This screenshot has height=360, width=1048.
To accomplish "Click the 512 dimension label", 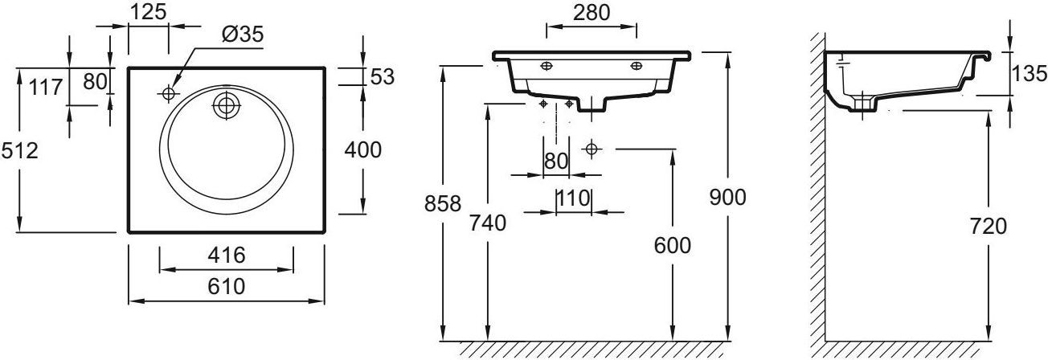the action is pyautogui.click(x=19, y=151).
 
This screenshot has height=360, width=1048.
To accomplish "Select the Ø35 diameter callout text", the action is pyautogui.click(x=243, y=34).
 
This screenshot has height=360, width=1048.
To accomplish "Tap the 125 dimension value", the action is pyautogui.click(x=148, y=12).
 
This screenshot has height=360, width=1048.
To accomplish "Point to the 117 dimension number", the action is pyautogui.click(x=46, y=88).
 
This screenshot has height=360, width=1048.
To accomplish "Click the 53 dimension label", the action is pyautogui.click(x=383, y=76).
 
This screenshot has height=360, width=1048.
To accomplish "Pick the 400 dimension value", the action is pyautogui.click(x=363, y=150).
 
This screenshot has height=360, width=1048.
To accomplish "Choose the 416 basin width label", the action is pyautogui.click(x=227, y=256).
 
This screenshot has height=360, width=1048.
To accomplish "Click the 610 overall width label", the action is pyautogui.click(x=227, y=287).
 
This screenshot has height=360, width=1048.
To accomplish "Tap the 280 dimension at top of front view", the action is pyautogui.click(x=592, y=13).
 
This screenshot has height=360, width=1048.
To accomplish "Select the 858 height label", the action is pyautogui.click(x=443, y=204).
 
